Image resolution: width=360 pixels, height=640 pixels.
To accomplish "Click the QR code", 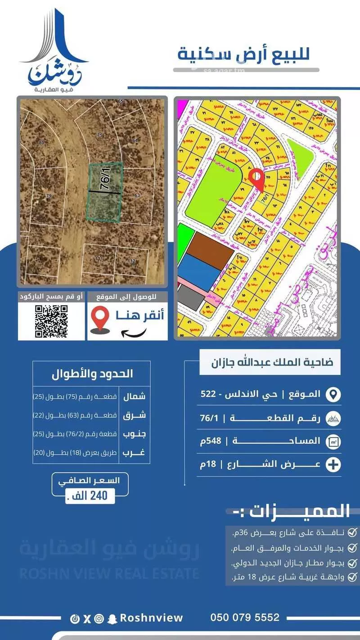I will pyautogui.click(x=51, y=320).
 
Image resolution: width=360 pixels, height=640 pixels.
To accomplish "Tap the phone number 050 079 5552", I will pyautogui.click(x=245, y=617).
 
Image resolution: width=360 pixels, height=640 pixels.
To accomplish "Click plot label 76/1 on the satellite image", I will pyautogui.click(x=106, y=179).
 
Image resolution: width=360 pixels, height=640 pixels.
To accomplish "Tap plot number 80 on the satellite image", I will pyautogui.click(x=41, y=143).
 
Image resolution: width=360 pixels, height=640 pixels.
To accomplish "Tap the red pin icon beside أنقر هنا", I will pyautogui.click(x=100, y=318).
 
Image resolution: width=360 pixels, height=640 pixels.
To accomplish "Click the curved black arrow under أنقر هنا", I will pyautogui.click(x=135, y=333).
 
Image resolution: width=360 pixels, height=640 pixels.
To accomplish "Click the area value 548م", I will pyautogui.click(x=210, y=441).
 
